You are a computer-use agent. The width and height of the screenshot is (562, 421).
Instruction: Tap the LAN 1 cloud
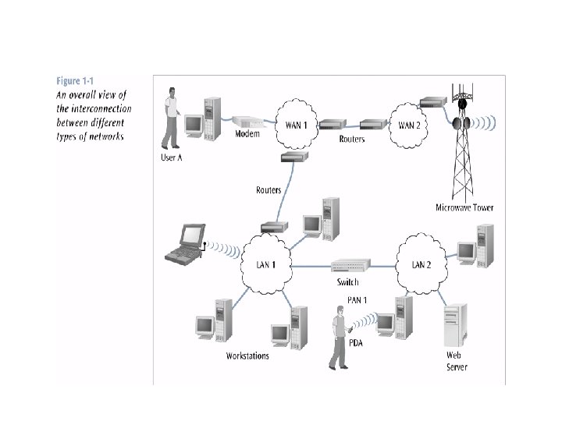265,264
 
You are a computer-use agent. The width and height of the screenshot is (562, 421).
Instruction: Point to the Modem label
247,134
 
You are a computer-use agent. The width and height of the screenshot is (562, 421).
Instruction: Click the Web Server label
457,361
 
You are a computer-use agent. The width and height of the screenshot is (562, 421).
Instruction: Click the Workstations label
247,356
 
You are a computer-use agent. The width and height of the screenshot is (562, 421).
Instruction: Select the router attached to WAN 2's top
432,103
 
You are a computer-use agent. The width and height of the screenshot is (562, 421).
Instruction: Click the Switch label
348,281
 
